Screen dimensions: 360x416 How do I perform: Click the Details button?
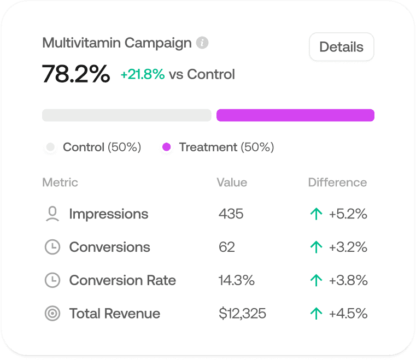click(341, 47)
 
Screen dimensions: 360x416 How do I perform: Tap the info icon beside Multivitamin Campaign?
click(203, 43)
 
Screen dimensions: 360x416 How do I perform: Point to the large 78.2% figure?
click(76, 74)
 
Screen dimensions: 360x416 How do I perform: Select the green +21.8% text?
click(143, 74)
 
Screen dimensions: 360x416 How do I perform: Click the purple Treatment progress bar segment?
click(295, 115)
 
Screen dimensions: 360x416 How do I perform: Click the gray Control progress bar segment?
click(126, 115)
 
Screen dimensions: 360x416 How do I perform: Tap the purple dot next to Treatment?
click(167, 147)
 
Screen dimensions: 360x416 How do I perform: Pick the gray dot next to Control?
click(51, 147)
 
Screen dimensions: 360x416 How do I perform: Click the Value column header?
click(232, 182)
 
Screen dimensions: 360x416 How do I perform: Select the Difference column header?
click(337, 182)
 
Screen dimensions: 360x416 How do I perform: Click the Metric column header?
click(60, 182)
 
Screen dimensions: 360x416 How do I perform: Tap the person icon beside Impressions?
click(52, 214)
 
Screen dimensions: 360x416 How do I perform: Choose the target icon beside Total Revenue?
click(52, 314)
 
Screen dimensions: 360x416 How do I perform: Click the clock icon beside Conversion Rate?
click(52, 280)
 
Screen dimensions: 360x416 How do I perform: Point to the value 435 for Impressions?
click(231, 214)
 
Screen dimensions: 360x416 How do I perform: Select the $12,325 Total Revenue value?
click(242, 314)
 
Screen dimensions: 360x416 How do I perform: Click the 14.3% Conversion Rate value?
click(236, 280)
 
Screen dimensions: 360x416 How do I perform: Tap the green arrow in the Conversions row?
click(316, 247)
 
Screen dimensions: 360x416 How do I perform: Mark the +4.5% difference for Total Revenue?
click(348, 314)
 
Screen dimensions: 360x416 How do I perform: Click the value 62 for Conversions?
click(226, 247)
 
